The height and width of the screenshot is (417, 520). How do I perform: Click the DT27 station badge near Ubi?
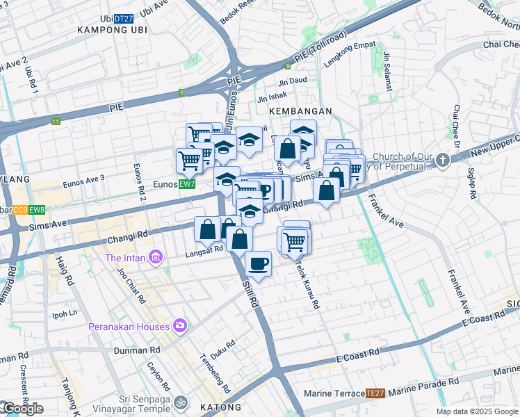[123, 18]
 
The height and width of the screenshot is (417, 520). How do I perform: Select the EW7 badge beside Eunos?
[186, 184]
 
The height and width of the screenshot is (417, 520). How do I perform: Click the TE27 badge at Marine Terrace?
[375, 393]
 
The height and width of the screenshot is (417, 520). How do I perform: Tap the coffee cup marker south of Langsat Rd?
[258, 264]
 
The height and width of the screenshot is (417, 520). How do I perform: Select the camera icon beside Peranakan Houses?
[180, 325]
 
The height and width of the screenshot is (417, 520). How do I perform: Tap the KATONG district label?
[221, 407]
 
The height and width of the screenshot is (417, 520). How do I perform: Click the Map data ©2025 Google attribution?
[476, 411]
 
